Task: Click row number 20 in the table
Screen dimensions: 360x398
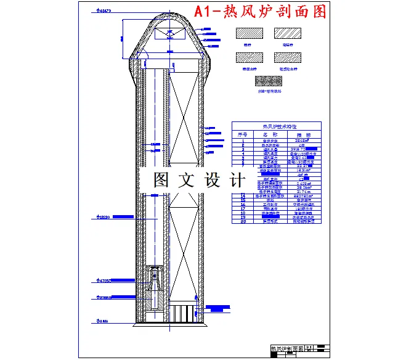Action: tap(243, 222)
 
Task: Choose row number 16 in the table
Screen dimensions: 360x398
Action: tap(243, 204)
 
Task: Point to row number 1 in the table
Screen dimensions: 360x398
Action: tap(243, 140)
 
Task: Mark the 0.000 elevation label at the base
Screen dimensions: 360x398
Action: tap(102, 321)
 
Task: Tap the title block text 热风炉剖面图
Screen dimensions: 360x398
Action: tap(288, 349)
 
